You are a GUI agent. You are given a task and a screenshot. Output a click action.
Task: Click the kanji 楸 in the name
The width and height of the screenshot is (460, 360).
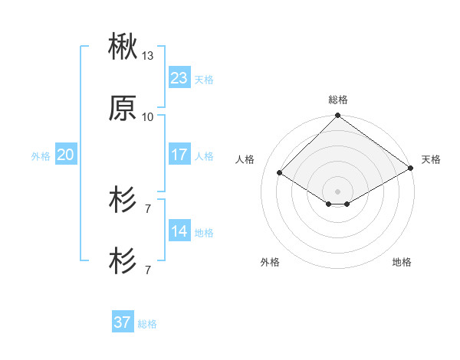(x=123, y=47)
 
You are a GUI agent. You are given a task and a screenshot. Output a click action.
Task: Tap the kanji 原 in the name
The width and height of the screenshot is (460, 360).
(x=123, y=109)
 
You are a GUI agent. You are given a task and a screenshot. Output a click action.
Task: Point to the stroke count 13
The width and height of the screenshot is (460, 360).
(x=148, y=56)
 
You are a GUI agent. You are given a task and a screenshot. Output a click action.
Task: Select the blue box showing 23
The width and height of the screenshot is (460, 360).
(x=179, y=78)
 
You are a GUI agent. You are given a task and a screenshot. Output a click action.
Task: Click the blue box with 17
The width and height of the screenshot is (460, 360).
(x=179, y=155)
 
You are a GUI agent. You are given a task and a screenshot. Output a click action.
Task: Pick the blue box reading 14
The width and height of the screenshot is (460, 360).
(x=179, y=231)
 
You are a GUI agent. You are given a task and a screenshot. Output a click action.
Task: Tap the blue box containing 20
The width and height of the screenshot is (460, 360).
(x=66, y=155)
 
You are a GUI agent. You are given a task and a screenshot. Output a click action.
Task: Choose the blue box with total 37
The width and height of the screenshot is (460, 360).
(x=123, y=322)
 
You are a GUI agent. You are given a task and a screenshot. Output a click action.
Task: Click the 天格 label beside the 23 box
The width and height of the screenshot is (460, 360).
(x=204, y=80)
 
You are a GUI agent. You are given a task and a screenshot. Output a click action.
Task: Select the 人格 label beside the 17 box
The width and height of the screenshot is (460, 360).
(x=204, y=156)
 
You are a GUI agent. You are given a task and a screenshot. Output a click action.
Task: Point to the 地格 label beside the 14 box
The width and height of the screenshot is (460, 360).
(x=204, y=233)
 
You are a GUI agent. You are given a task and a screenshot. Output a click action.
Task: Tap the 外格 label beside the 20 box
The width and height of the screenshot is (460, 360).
(x=41, y=156)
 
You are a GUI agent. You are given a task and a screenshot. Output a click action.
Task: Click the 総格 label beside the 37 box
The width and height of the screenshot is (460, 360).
(x=147, y=324)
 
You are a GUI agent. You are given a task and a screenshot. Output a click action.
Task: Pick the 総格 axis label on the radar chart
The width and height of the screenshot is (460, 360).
(x=337, y=100)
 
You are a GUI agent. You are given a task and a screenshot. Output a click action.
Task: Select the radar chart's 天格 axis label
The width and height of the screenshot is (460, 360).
(x=431, y=159)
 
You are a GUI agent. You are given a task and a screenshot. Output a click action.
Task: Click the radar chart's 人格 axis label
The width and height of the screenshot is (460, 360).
(x=246, y=159)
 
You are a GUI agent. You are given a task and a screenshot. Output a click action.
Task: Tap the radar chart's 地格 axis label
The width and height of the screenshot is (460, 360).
(x=402, y=262)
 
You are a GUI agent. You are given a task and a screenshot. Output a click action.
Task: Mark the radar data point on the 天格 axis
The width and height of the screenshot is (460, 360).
(x=411, y=168)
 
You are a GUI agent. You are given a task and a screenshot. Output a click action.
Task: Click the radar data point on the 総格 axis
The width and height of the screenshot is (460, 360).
(x=337, y=116)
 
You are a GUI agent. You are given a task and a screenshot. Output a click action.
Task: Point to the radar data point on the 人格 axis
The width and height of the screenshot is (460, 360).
(x=280, y=173)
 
